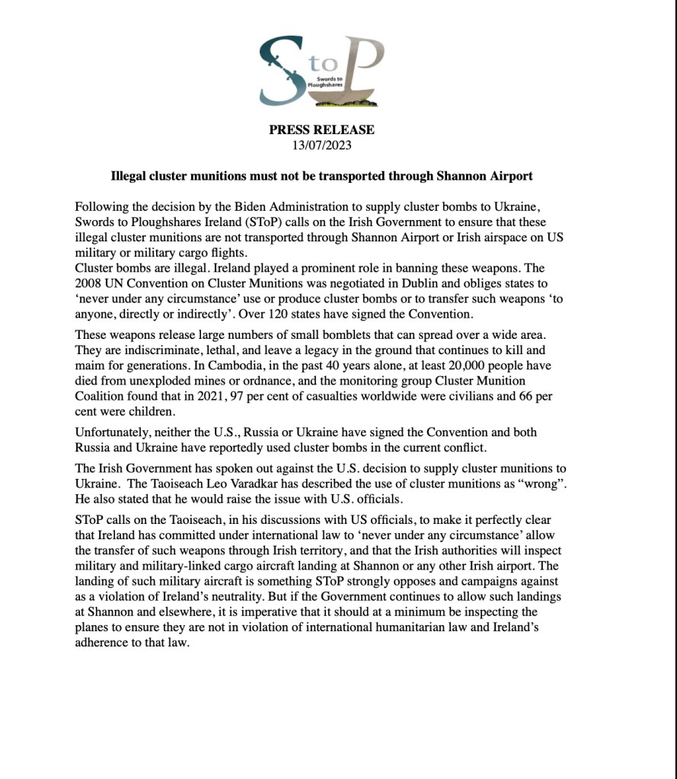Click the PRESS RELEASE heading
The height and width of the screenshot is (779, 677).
click(x=321, y=130)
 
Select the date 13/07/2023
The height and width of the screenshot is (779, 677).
click(x=321, y=144)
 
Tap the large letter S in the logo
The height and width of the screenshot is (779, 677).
click(x=279, y=72)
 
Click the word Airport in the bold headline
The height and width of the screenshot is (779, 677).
click(x=509, y=176)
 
